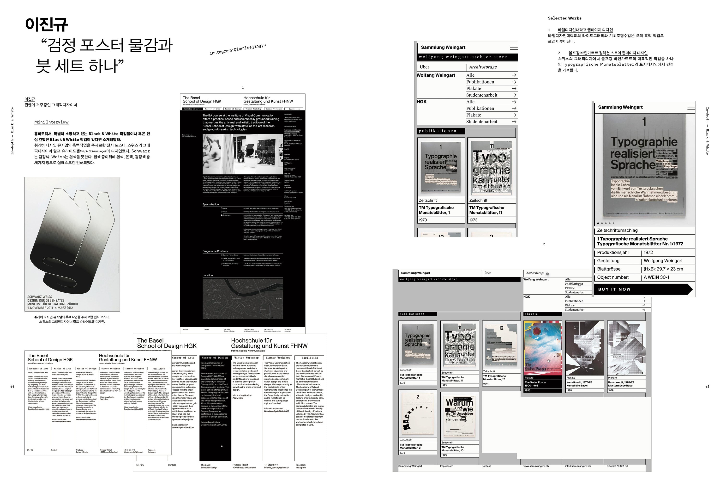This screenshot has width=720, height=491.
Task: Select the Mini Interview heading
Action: [51, 122]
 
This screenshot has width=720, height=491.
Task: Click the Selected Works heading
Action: [564, 18]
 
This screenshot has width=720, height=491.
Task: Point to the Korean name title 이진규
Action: [47, 24]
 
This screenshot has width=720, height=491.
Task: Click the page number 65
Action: [707, 387]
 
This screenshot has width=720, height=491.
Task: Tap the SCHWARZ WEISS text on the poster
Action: [40, 297]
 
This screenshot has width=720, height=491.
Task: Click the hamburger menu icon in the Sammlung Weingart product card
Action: [691, 107]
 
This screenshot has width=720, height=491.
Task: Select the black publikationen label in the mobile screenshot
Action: [440, 131]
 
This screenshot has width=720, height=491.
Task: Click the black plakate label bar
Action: [542, 314]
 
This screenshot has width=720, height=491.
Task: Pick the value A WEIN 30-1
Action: [656, 277]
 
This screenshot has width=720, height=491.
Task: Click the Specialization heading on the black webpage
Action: [211, 204]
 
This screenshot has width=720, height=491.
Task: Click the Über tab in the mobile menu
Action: [425, 67]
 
